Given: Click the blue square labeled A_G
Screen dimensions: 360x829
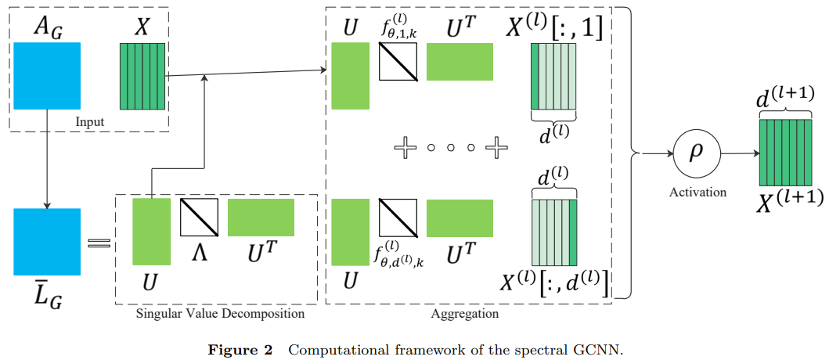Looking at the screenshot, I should point(47,75).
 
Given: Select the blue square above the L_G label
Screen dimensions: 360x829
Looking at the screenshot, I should point(47,242).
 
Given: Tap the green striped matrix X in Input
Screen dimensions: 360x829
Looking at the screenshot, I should point(142,76).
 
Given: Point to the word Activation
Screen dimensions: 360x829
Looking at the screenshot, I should point(697,192).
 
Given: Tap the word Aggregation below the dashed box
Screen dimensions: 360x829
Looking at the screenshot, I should point(465,313).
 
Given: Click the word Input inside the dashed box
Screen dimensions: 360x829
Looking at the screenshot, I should point(90,122).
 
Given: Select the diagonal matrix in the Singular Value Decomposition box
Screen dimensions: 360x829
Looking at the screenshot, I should point(199,217).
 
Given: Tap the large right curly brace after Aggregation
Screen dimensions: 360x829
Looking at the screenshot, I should point(626,153).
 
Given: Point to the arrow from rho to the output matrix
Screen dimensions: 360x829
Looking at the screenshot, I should point(741,154).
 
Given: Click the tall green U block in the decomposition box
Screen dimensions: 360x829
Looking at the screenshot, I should point(151,232).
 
